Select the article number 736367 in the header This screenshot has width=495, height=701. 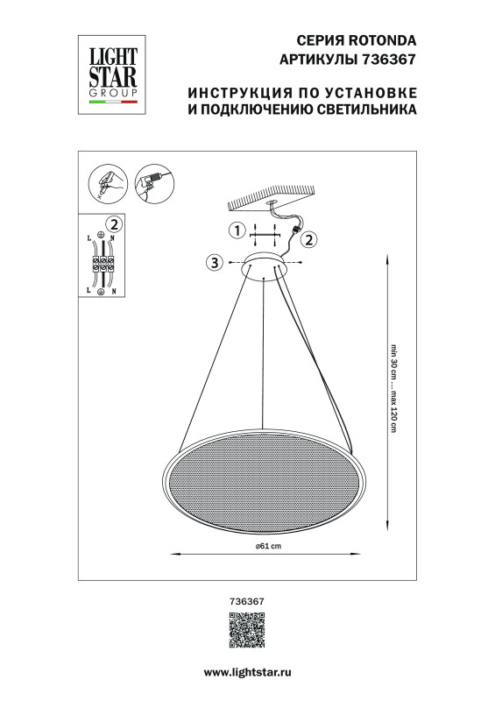tap(387, 60)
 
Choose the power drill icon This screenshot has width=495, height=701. tap(152, 183)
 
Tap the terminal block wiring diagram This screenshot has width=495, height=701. tap(103, 264)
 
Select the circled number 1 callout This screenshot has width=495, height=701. tap(235, 231)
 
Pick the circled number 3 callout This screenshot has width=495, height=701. tap(213, 262)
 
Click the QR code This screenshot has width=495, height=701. tap(246, 632)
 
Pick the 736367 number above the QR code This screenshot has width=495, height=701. tap(246, 601)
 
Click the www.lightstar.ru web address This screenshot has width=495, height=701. tap(247, 670)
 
